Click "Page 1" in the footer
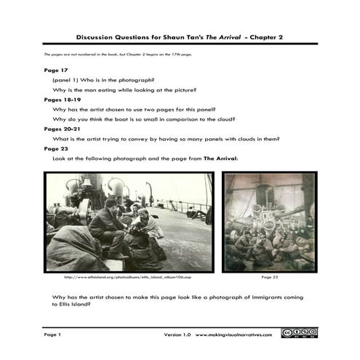point(53,335)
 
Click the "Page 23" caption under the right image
point(269,276)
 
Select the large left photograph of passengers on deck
point(129,222)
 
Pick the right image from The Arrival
point(269,222)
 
